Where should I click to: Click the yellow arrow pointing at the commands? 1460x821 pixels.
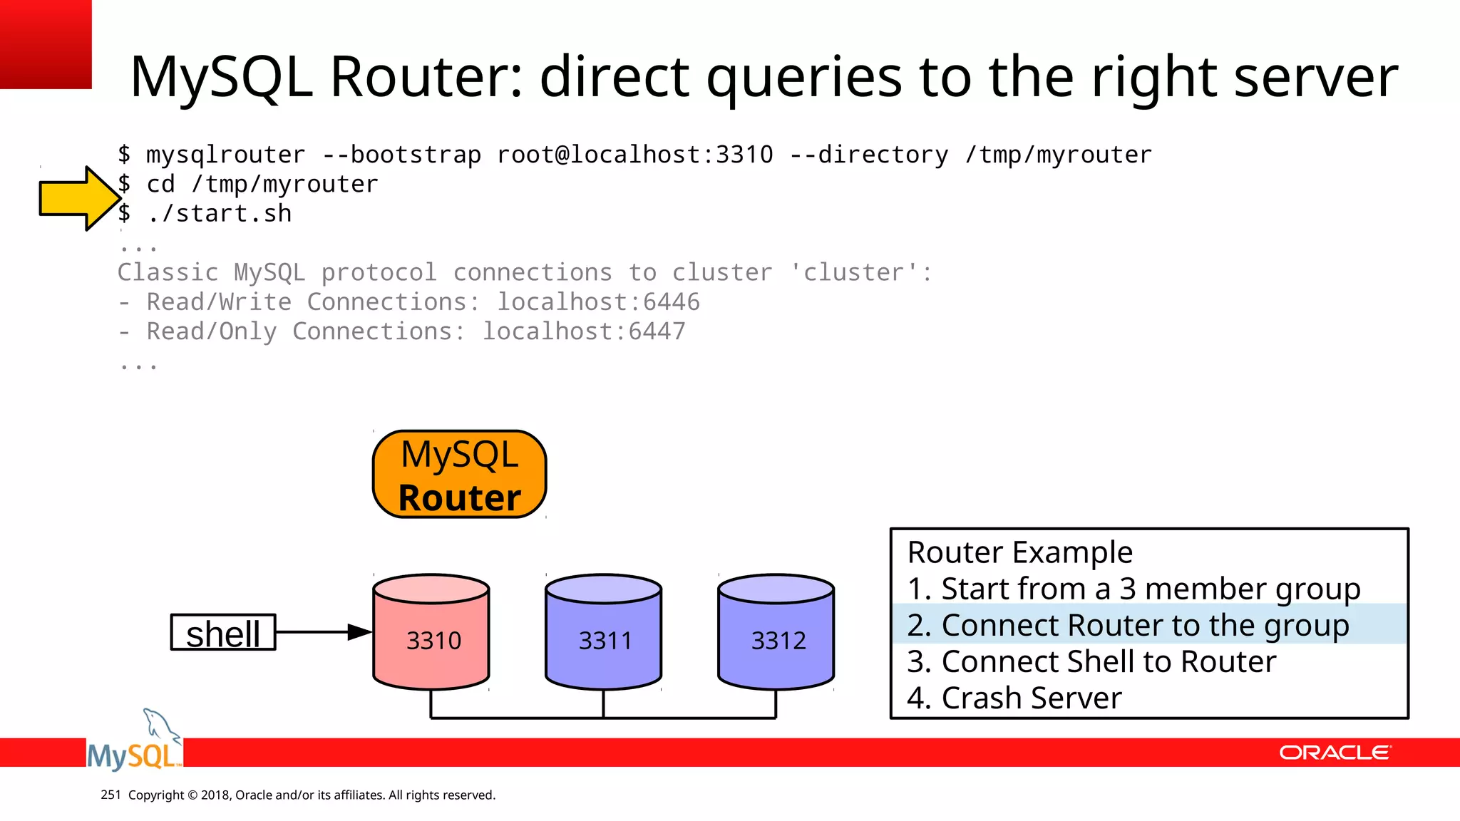(78, 198)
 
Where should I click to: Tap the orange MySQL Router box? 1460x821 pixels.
(459, 475)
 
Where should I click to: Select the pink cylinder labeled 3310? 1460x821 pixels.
(431, 633)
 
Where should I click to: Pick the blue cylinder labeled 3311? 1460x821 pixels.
(604, 633)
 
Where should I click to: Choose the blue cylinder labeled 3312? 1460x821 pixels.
(776, 633)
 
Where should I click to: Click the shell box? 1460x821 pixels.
(223, 633)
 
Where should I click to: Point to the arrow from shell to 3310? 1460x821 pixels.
(324, 632)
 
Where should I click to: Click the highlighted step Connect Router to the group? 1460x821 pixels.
(1128, 625)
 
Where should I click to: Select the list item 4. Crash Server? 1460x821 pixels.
(1014, 698)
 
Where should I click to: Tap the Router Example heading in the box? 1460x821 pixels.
(1019, 552)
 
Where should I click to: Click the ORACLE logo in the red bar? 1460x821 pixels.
(1335, 753)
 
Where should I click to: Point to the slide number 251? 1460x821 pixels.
(110, 795)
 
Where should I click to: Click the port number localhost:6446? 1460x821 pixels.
(598, 302)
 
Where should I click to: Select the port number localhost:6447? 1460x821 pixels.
(584, 331)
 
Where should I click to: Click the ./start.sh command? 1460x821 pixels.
(220, 214)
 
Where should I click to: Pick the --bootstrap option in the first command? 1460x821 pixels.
(401, 155)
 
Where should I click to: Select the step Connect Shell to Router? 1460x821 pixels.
(1091, 662)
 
